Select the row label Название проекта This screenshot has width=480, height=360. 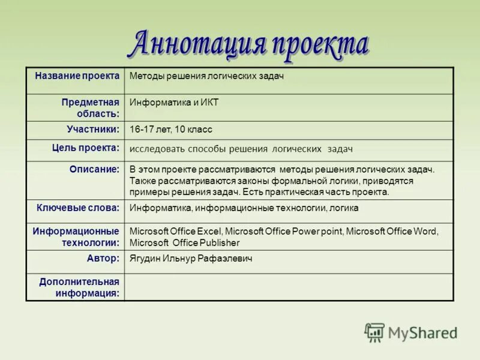click(x=77, y=76)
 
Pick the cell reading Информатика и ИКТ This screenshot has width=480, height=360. click(x=174, y=102)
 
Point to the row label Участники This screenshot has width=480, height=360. click(x=93, y=129)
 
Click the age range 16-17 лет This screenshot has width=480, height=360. click(x=150, y=129)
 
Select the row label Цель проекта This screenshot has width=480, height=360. click(x=86, y=147)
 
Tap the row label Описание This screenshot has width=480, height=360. click(x=95, y=169)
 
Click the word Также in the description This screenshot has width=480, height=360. click(x=142, y=181)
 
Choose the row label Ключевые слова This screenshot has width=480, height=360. click(x=78, y=208)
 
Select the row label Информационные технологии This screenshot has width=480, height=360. click(x=76, y=236)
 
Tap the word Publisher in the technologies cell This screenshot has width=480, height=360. click(x=220, y=242)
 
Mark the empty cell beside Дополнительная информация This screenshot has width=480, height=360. click(x=288, y=287)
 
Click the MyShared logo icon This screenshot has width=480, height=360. click(x=374, y=332)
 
